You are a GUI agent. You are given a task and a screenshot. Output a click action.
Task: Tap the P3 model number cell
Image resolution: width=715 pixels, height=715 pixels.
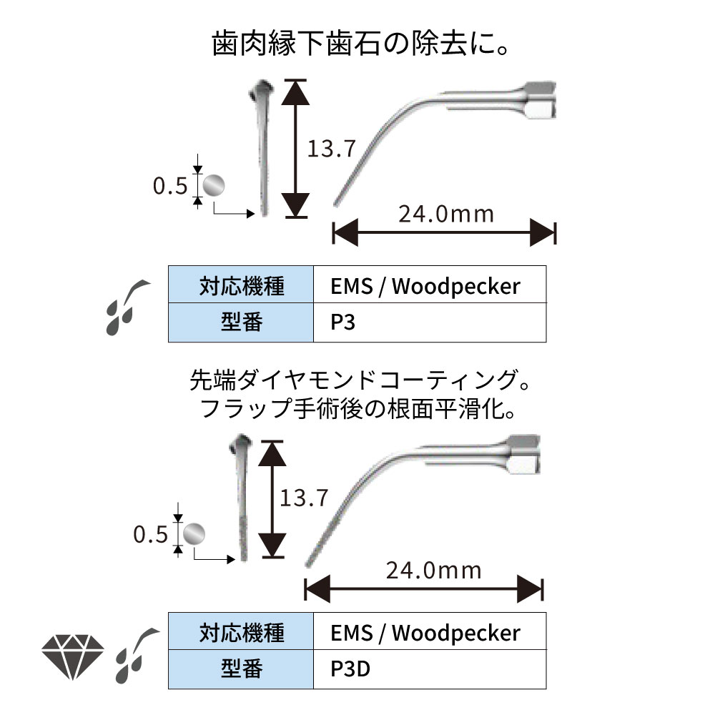point(430,323)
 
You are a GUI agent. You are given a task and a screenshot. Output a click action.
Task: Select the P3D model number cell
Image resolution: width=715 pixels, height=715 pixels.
point(430,670)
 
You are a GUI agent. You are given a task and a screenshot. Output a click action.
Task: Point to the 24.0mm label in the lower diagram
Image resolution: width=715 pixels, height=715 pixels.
point(433,570)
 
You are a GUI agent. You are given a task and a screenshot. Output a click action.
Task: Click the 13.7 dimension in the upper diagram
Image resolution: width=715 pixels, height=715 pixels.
point(331,149)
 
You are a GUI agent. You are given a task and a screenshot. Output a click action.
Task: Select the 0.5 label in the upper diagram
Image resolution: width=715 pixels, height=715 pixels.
point(170,186)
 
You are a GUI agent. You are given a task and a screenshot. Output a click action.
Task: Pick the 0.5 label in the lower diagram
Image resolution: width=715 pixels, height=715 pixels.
point(150,534)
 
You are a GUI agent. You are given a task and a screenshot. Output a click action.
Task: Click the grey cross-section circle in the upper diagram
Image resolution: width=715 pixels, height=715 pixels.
point(213,186)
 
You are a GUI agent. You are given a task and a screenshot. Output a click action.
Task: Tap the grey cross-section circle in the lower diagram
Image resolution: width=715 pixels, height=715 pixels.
point(194,533)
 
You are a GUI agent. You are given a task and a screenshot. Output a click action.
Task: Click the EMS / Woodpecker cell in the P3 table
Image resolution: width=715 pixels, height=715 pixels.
point(430,286)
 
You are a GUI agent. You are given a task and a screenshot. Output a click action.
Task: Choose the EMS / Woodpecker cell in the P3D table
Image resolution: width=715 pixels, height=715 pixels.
point(430,633)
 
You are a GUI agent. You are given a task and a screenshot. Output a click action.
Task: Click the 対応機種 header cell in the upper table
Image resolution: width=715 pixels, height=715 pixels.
point(241,286)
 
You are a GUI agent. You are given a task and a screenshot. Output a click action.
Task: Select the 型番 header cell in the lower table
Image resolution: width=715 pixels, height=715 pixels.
point(241,670)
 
